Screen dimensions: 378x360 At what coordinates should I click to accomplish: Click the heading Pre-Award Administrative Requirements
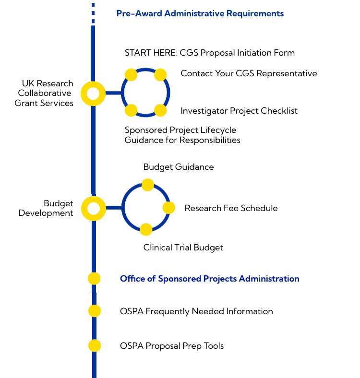[200, 13]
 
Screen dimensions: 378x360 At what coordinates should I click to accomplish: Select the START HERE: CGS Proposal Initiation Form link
[209, 52]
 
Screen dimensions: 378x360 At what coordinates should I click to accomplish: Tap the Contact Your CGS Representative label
[249, 73]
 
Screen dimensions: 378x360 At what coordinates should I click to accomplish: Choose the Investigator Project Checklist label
[239, 111]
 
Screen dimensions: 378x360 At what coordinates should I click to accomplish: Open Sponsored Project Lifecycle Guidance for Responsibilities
[182, 135]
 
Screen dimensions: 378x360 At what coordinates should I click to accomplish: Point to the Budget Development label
[46, 208]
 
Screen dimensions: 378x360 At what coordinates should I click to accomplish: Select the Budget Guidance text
[179, 167]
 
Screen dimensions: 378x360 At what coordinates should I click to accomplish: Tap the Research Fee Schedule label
[231, 208]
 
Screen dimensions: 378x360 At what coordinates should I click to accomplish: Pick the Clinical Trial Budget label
[183, 248]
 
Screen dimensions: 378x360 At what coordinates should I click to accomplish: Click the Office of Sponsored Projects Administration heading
[209, 279]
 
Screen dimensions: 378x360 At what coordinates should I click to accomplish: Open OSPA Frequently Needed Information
[196, 311]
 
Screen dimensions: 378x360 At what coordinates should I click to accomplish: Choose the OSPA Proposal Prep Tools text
[171, 346]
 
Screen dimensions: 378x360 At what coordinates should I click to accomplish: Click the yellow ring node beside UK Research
[93, 94]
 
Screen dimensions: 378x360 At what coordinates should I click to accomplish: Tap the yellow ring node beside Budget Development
[93, 209]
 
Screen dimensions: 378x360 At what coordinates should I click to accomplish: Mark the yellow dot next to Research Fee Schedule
[169, 208]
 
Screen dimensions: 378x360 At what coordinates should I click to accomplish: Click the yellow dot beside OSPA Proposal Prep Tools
[95, 345]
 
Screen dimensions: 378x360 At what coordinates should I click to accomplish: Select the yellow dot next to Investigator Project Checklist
[160, 111]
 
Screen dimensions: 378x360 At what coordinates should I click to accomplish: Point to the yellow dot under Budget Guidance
[148, 185]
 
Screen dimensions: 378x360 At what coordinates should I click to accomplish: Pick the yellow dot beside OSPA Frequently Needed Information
[95, 311]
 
